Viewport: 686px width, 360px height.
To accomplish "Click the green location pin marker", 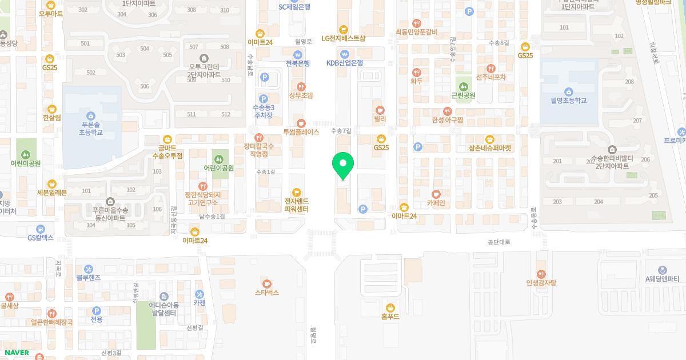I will point(343,165).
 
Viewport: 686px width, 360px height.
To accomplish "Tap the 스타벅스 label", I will point(266,292).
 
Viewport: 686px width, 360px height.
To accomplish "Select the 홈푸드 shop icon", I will point(390,307).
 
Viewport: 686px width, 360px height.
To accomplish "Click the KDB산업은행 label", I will point(345,63).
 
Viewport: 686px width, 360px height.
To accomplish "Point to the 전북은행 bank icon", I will point(297,54).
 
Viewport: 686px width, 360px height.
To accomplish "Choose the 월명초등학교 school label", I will point(568,101).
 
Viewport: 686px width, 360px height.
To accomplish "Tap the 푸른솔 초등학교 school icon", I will point(91,115).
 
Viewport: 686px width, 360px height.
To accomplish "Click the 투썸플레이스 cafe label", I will point(301,132).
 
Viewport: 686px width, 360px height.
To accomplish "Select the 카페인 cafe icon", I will point(436,194).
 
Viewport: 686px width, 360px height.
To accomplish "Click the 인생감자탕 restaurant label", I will point(541,283).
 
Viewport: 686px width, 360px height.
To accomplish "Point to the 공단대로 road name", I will point(498,242).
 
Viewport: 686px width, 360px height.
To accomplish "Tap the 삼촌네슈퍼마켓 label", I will point(490,148).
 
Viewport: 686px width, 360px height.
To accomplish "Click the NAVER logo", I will point(15,353).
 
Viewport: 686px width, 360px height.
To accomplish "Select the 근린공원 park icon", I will point(464,86).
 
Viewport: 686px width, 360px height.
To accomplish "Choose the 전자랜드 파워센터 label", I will point(296,205).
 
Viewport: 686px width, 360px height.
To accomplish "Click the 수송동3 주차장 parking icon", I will point(263,98).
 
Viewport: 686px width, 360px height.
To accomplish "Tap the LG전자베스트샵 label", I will point(343,39).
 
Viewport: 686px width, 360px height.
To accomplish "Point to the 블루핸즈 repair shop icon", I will point(89,269).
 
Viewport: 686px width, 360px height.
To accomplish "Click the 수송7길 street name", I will point(341,131).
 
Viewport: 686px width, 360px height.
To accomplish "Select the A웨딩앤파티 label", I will point(662,279).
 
